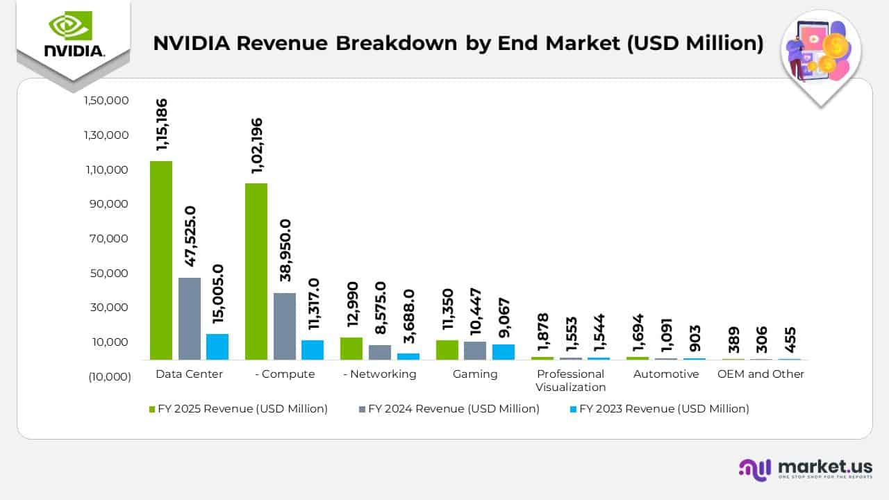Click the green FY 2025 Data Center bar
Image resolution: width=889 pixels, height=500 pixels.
(161, 260)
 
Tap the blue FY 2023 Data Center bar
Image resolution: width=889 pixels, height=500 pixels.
(217, 347)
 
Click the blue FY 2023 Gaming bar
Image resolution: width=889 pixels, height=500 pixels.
(504, 352)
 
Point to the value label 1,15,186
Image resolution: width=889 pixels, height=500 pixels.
(162, 125)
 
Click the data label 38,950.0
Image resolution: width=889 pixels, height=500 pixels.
(285, 249)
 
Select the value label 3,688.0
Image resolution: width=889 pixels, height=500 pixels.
(408, 316)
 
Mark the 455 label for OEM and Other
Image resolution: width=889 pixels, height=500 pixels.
(789, 340)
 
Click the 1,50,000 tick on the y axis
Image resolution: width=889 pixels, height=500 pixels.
(106, 101)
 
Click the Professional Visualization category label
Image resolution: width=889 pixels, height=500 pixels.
(570, 381)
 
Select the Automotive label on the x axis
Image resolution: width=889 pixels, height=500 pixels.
(666, 374)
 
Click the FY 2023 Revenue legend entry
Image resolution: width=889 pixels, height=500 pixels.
(664, 409)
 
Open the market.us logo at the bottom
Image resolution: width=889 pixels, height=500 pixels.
(806, 469)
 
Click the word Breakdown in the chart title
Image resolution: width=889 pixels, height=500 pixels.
(397, 43)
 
